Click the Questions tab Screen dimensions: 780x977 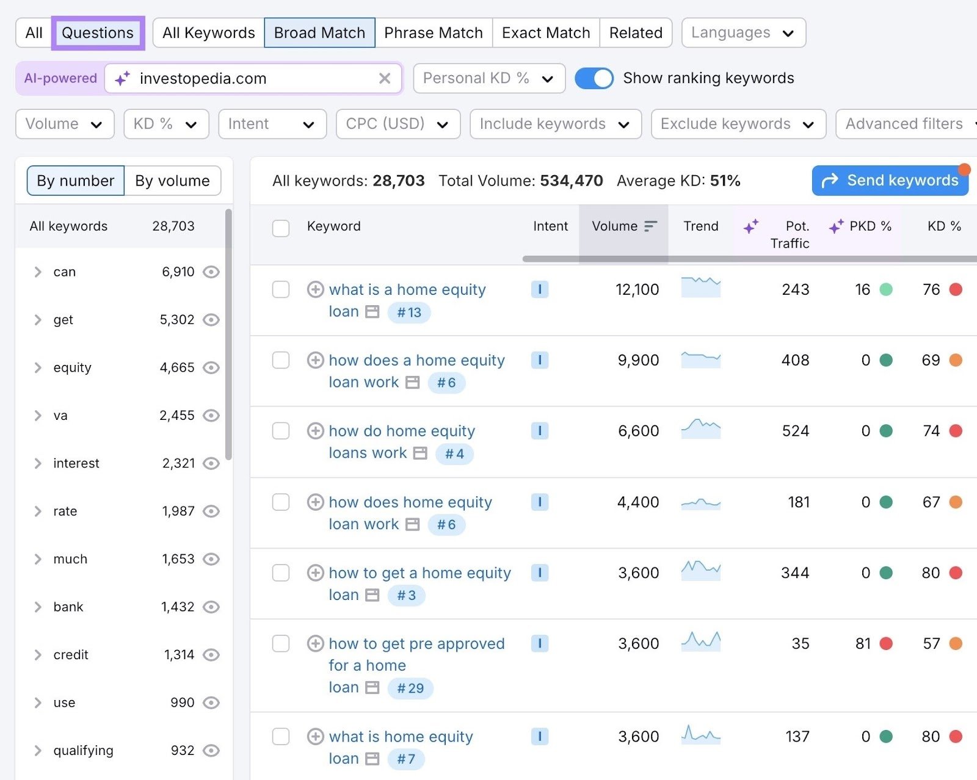(98, 33)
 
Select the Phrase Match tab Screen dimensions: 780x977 (433, 33)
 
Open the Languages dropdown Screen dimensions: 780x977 (743, 33)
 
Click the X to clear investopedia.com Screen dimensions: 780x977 (385, 78)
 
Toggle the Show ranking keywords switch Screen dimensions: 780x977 (594, 78)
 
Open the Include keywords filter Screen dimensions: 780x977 (554, 124)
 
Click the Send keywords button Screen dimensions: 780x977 (890, 181)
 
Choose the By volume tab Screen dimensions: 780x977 (172, 181)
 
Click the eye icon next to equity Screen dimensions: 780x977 (211, 367)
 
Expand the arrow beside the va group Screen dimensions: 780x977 (38, 416)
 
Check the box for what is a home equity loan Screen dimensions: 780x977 (281, 289)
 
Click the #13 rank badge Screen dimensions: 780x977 (409, 312)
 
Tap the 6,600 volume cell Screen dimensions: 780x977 (638, 431)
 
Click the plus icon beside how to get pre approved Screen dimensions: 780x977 (315, 643)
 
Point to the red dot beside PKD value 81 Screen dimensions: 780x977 (886, 643)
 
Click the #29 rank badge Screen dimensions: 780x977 (410, 688)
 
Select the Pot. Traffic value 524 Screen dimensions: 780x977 (795, 431)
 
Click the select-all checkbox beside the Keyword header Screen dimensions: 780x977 (281, 228)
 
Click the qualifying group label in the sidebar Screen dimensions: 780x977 (83, 750)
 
